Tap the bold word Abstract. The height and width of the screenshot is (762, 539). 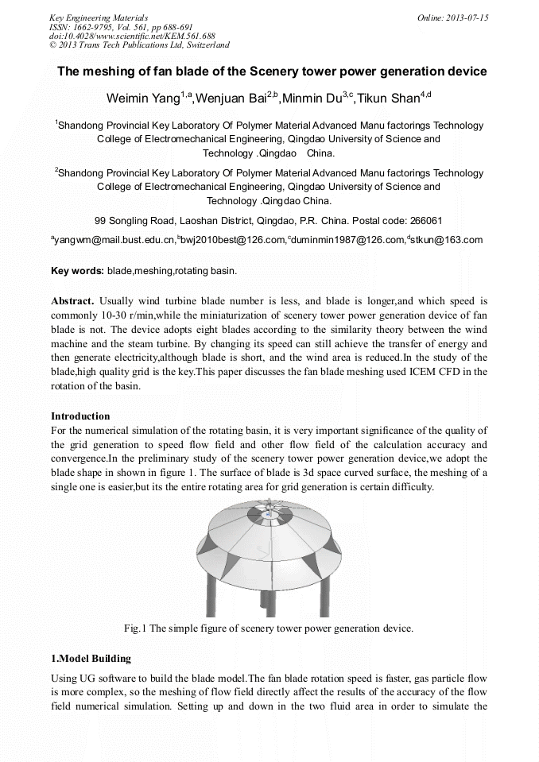(72, 302)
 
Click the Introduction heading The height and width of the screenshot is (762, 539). (80, 416)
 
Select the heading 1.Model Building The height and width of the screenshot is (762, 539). (91, 659)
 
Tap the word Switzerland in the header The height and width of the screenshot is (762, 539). (207, 45)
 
